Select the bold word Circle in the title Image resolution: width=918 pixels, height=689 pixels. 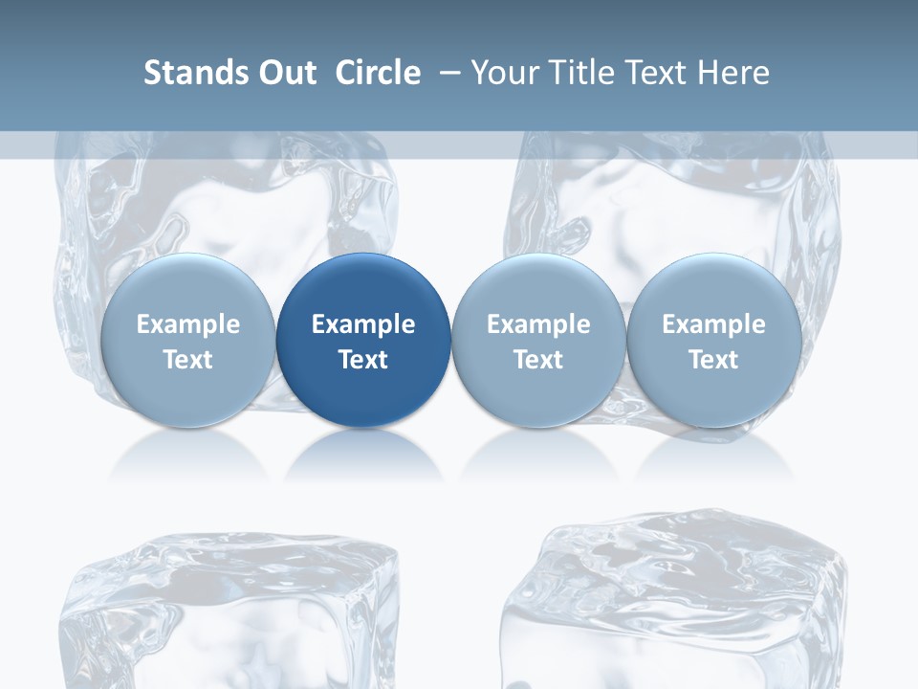[378, 73]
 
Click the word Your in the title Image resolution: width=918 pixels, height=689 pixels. [502, 73]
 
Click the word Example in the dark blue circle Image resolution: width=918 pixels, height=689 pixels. [363, 324]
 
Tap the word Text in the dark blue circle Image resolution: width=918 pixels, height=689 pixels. [363, 360]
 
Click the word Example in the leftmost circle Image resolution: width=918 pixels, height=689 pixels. [187, 324]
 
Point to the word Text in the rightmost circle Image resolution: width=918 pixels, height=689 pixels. [713, 360]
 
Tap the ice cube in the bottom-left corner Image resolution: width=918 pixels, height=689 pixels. [229, 617]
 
